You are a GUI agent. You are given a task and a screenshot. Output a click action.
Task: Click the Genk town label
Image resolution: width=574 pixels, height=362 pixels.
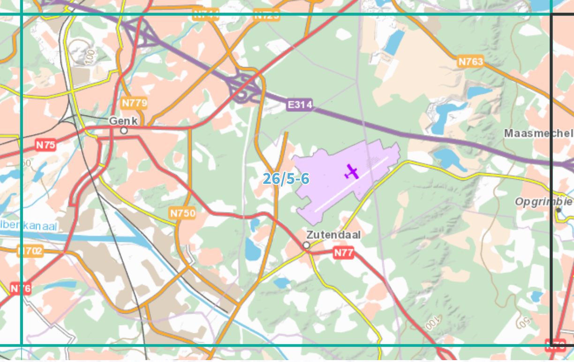pyautogui.click(x=123, y=121)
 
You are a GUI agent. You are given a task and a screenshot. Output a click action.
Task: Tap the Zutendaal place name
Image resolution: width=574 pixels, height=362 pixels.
pyautogui.click(x=333, y=234)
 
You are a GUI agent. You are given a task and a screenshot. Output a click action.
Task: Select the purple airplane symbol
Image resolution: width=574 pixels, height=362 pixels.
pyautogui.click(x=351, y=172)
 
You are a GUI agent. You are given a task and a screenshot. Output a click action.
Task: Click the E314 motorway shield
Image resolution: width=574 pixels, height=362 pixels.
pyautogui.click(x=299, y=105)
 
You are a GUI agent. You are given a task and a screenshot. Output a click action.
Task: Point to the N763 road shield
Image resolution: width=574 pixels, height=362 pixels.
pyautogui.click(x=470, y=61)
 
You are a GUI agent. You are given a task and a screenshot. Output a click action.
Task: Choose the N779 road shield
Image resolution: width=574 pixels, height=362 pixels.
pyautogui.click(x=134, y=103)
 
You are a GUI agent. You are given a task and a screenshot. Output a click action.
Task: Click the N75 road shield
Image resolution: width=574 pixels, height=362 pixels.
pyautogui.click(x=45, y=145)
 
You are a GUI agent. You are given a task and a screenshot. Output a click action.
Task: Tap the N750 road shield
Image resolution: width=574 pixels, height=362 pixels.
pyautogui.click(x=182, y=213)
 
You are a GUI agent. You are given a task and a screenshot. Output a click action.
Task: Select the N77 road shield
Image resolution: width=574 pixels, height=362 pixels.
pyautogui.click(x=343, y=253)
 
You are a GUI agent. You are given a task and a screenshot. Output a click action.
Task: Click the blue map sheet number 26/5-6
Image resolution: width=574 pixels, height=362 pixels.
pyautogui.click(x=286, y=179)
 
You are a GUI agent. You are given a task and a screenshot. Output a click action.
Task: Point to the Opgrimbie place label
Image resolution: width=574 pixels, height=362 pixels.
pyautogui.click(x=544, y=202)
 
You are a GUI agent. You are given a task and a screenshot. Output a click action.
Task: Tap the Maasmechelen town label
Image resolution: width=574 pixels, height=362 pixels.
pyautogui.click(x=539, y=133)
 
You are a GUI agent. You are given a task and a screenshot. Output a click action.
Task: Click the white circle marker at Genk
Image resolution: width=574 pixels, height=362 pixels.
pyautogui.click(x=124, y=130)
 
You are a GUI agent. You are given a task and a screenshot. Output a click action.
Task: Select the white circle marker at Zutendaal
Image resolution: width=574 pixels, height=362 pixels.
pyautogui.click(x=306, y=245)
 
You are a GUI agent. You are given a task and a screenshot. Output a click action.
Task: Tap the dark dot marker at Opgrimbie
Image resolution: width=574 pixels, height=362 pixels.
pyautogui.click(x=559, y=210)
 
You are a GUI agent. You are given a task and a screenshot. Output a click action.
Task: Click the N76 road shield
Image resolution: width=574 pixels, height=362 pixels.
pyautogui.click(x=21, y=288)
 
